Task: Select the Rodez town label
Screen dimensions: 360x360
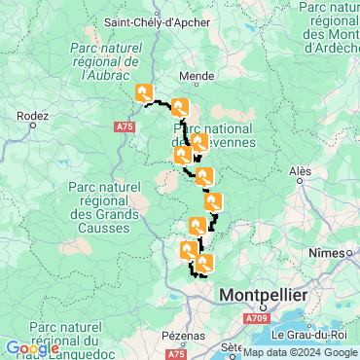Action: (x=33, y=115)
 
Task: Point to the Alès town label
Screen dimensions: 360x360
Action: (x=301, y=170)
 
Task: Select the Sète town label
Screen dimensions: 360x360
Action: (x=231, y=346)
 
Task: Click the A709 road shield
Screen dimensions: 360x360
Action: (x=255, y=318)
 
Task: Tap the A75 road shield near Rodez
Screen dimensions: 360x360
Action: (x=124, y=126)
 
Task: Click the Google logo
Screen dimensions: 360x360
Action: (x=31, y=348)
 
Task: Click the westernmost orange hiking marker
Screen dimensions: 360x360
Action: (x=145, y=93)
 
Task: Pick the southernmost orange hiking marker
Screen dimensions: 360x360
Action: (x=202, y=263)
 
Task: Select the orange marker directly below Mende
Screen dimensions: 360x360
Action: (x=180, y=108)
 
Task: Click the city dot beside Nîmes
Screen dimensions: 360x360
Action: (x=350, y=253)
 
